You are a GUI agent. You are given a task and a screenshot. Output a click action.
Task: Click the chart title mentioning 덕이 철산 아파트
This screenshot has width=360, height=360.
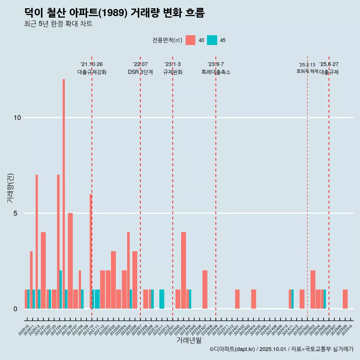tap(114, 13)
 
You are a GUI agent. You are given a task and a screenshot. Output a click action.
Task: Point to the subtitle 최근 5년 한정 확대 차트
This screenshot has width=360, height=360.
tap(58, 24)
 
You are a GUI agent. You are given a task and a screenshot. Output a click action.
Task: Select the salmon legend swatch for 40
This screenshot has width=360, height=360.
tap(190, 40)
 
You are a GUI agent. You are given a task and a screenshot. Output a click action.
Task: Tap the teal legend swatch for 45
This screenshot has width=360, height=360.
tap(212, 40)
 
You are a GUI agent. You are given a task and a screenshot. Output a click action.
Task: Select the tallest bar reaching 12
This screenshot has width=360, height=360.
tap(64, 194)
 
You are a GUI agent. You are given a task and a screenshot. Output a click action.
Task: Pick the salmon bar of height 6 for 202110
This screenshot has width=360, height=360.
tap(90, 251)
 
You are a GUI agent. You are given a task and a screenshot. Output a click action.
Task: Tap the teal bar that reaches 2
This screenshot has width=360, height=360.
tap(61, 289)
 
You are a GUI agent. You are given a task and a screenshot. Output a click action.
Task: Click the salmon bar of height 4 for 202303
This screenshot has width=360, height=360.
tap(183, 270)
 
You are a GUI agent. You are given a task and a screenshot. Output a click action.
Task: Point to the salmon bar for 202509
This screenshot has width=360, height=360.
tap(345, 299)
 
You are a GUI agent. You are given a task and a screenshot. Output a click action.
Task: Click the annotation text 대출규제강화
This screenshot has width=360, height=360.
tap(92, 72)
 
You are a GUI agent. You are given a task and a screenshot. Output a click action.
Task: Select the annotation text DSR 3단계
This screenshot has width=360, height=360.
tap(140, 72)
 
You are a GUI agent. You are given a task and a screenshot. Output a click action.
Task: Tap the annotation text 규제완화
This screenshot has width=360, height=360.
tap(172, 72)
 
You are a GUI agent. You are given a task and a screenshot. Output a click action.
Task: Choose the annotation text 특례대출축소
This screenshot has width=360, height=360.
tap(216, 72)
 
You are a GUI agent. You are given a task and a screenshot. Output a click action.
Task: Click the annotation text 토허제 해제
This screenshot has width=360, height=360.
tap(307, 71)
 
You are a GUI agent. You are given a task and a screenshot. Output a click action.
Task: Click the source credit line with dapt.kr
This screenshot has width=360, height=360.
tap(281, 349)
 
